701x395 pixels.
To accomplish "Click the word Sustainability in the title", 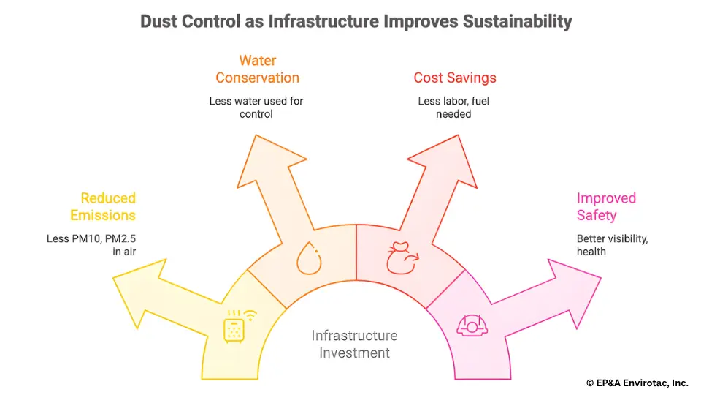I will (517, 21).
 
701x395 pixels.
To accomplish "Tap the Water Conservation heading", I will (257, 69).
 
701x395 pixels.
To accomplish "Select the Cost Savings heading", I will (454, 78).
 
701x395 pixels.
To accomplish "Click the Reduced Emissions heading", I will (103, 206).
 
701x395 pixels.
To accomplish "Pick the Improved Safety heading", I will (606, 206).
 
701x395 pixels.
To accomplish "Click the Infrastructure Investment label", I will (354, 344).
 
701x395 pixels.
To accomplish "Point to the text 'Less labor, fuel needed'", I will (454, 108).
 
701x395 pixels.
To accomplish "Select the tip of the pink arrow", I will (600, 278).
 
